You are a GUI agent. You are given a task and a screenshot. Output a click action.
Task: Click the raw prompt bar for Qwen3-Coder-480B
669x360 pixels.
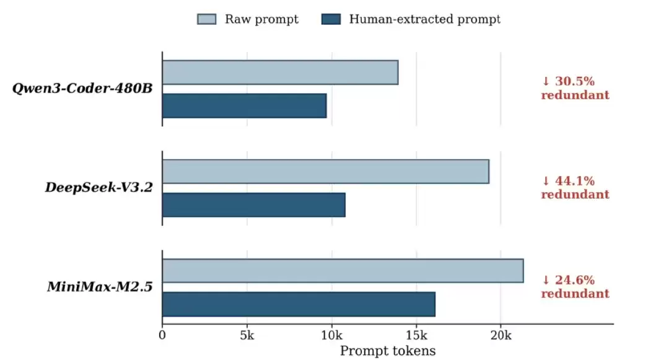(x=281, y=72)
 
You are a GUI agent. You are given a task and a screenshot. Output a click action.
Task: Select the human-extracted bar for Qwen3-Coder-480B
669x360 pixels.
(x=245, y=106)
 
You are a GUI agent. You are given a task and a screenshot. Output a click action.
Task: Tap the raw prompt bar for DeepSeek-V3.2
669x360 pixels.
(x=326, y=172)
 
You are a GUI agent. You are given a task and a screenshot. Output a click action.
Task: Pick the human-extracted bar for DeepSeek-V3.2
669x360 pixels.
(x=254, y=204)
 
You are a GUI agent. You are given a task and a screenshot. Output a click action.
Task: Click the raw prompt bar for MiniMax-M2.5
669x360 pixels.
(x=343, y=270)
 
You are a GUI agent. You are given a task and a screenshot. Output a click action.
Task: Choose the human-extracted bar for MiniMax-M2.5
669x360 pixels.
(x=299, y=304)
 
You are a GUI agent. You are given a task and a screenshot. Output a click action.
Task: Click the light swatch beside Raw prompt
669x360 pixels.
(x=206, y=19)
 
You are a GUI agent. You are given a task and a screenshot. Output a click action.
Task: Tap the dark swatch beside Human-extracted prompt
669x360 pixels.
(x=331, y=19)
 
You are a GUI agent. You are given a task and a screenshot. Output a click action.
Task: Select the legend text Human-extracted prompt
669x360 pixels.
(x=425, y=19)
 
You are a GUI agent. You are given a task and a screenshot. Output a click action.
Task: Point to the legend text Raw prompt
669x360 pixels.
(x=261, y=19)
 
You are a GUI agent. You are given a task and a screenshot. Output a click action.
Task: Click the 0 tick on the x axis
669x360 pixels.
(x=162, y=335)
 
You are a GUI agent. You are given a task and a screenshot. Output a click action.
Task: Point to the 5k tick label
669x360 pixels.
(x=247, y=335)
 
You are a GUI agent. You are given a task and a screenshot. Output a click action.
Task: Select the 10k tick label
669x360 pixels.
(x=331, y=335)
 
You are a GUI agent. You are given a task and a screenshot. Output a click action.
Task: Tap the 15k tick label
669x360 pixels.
(x=416, y=335)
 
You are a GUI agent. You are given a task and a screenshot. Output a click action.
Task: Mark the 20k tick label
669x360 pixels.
(x=501, y=335)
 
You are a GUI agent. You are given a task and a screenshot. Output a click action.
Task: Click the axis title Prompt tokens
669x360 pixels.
(x=388, y=351)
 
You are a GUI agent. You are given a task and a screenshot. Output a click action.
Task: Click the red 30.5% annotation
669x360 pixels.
(x=575, y=88)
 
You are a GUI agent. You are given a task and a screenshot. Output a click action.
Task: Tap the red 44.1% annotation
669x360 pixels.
(x=575, y=188)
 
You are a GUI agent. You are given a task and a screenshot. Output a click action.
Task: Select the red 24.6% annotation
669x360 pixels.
(x=575, y=287)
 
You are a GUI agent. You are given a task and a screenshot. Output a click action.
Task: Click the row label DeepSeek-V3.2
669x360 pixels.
(x=99, y=187)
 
